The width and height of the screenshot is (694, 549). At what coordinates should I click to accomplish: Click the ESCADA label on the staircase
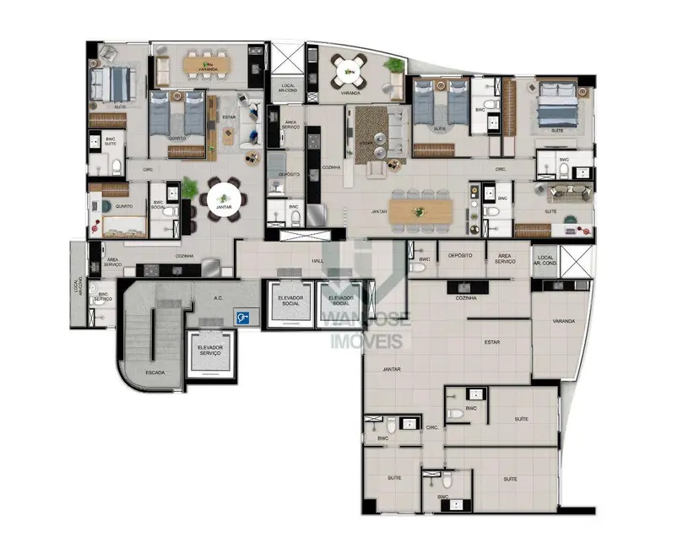155,372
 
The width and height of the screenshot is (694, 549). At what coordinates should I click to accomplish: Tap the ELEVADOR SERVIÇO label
209,350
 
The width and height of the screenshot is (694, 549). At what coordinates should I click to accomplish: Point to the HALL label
317,261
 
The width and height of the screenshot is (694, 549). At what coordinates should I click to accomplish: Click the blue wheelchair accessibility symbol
243,318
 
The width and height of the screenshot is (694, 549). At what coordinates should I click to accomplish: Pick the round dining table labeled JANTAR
224,201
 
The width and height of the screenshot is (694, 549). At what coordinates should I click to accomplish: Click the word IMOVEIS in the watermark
366,340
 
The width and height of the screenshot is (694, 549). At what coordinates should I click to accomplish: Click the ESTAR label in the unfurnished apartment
491,342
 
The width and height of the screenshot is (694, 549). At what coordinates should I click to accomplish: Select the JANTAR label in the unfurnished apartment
391,369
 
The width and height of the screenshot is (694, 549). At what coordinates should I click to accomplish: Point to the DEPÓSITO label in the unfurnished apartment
459,255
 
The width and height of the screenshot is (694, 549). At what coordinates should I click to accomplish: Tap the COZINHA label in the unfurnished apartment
465,298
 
